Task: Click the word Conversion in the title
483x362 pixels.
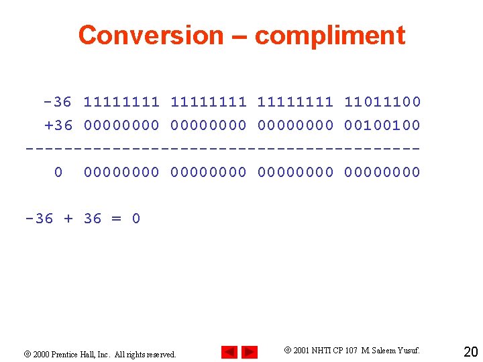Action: [x=150, y=35]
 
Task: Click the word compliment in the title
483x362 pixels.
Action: [x=330, y=35]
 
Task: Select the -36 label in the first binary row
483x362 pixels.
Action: [x=57, y=102]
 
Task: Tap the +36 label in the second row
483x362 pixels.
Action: [x=57, y=125]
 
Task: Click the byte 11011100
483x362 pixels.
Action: [x=382, y=102]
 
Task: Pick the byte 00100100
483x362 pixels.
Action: [x=382, y=125]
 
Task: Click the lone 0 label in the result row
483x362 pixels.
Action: [x=58, y=172]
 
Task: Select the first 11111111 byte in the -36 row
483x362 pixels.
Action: [x=121, y=102]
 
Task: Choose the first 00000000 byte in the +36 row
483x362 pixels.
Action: [x=121, y=125]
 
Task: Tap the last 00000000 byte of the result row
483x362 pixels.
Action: [x=382, y=172]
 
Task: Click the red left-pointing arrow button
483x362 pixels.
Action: [x=229, y=352]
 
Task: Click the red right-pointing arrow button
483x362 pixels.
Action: [x=250, y=352]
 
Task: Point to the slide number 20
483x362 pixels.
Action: [x=470, y=351]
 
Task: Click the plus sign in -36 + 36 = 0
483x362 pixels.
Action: [x=68, y=219]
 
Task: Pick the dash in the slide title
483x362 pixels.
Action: [x=238, y=35]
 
